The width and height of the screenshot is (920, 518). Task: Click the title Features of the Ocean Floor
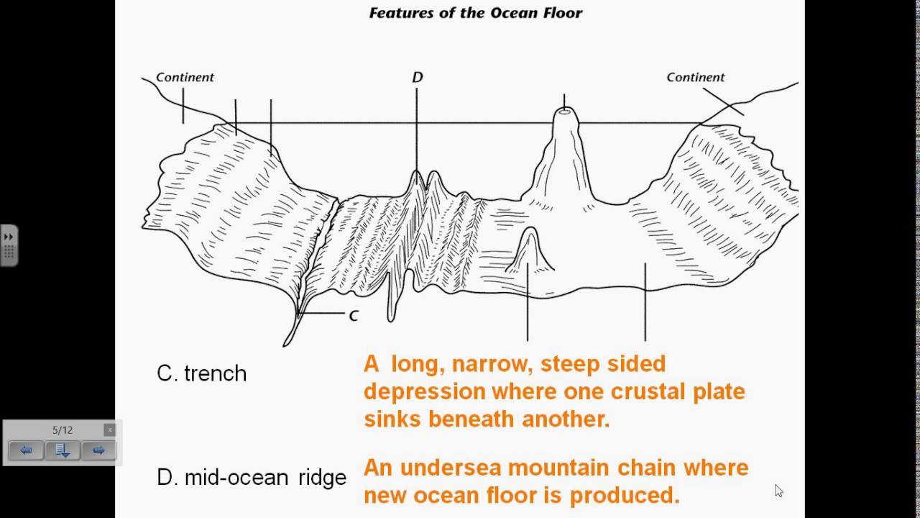coord(475,13)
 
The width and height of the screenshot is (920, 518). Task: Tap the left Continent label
coord(185,78)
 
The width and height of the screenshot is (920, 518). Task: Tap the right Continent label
coord(695,78)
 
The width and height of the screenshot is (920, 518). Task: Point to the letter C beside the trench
coord(353,315)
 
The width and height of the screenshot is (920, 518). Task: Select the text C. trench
coord(201,373)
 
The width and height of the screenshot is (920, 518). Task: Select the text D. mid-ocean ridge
coord(251,477)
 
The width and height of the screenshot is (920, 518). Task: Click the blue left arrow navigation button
coord(26,450)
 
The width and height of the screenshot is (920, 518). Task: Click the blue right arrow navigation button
coord(98,450)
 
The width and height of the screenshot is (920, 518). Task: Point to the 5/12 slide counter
coord(63,430)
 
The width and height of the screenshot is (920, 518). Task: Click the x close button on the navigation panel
coord(109,430)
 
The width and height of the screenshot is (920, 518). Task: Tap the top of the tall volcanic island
coord(564,112)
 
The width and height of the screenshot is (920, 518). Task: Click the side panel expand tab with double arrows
coord(9,245)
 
